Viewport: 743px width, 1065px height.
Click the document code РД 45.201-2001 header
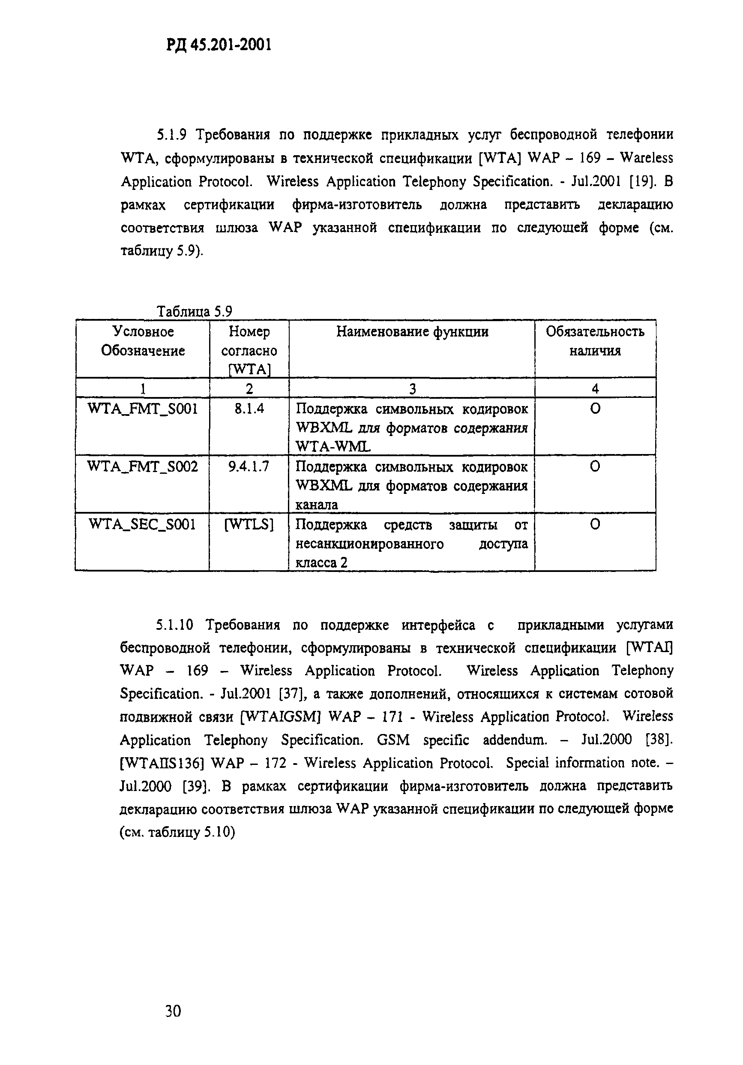[x=218, y=45]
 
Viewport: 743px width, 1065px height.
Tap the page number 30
[x=173, y=1011]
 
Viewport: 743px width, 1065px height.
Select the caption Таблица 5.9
[x=194, y=311]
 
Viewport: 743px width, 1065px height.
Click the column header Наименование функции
[x=412, y=332]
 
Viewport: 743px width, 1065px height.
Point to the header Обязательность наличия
[x=595, y=341]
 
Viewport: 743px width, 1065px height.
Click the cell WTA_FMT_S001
[x=142, y=409]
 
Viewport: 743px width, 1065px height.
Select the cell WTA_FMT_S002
[x=142, y=466]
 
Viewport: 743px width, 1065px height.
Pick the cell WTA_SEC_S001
[x=142, y=524]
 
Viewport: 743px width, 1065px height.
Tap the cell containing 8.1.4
[x=249, y=409]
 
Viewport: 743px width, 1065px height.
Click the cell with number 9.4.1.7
[x=249, y=466]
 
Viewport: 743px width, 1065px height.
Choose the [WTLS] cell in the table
[x=249, y=524]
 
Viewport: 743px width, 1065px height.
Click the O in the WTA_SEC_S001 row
[x=595, y=524]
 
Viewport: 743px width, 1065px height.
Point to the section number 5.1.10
[x=174, y=625]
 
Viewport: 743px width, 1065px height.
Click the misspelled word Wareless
[x=646, y=158]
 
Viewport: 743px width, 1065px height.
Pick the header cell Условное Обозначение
[x=142, y=341]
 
